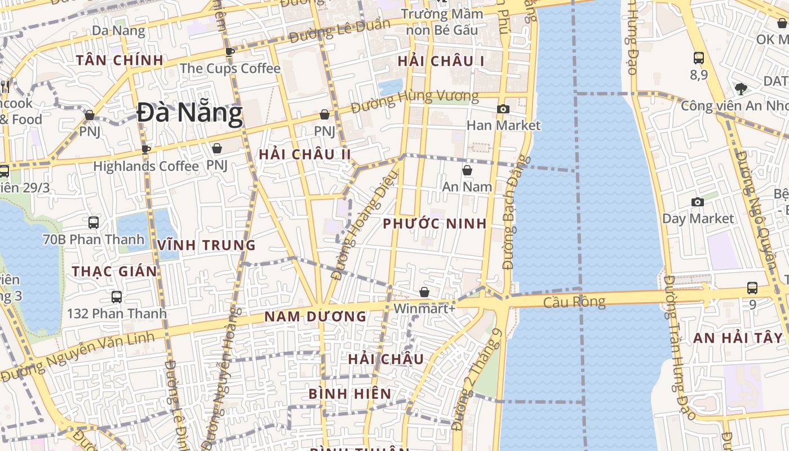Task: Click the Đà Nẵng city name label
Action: point(190,113)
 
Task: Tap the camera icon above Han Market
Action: point(503,109)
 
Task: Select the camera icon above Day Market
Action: point(698,202)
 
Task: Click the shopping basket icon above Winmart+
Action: point(424,292)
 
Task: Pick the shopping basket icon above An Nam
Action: point(467,170)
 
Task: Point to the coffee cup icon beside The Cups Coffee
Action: point(230,52)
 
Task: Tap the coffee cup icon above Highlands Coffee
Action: point(145,149)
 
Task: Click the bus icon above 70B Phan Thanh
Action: point(94,223)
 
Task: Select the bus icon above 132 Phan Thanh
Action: point(117,297)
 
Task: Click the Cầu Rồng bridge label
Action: point(574,302)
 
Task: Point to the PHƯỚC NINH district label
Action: point(435,224)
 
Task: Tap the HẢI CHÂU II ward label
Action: point(304,154)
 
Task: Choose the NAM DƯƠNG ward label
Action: point(316,317)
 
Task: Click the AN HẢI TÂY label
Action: point(738,338)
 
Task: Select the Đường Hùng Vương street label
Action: point(414,101)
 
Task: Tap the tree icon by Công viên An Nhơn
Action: point(741,88)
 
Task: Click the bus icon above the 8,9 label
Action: point(699,58)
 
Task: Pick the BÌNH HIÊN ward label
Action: point(350,393)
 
